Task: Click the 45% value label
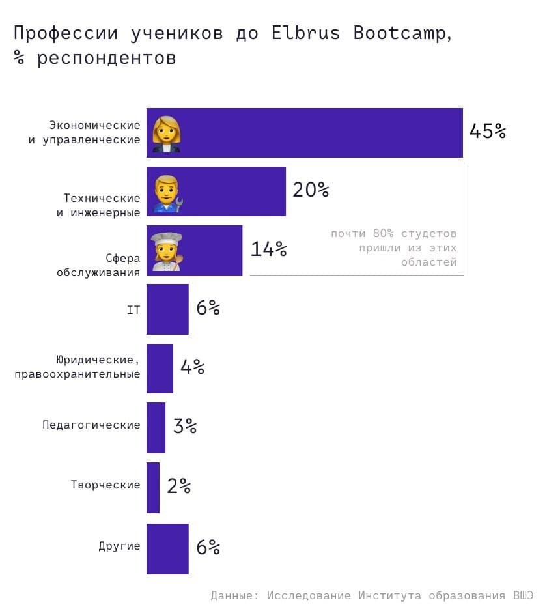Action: point(487,132)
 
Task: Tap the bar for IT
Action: point(167,309)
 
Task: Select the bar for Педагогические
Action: point(156,427)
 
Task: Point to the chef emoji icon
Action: point(166,251)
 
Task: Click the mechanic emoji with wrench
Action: point(167,191)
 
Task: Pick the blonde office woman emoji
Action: point(166,133)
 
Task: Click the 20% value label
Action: point(311,190)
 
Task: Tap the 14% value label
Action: point(268,249)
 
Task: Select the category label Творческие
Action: point(105,485)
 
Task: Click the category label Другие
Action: point(119,546)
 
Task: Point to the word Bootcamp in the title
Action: point(399,34)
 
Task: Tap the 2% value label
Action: point(178,487)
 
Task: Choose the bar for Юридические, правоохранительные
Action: point(160,369)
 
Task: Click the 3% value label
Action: point(185,427)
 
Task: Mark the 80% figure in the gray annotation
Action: point(383,233)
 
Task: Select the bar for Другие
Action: point(167,548)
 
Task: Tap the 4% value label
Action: point(192,367)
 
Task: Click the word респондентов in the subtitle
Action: point(106,58)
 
